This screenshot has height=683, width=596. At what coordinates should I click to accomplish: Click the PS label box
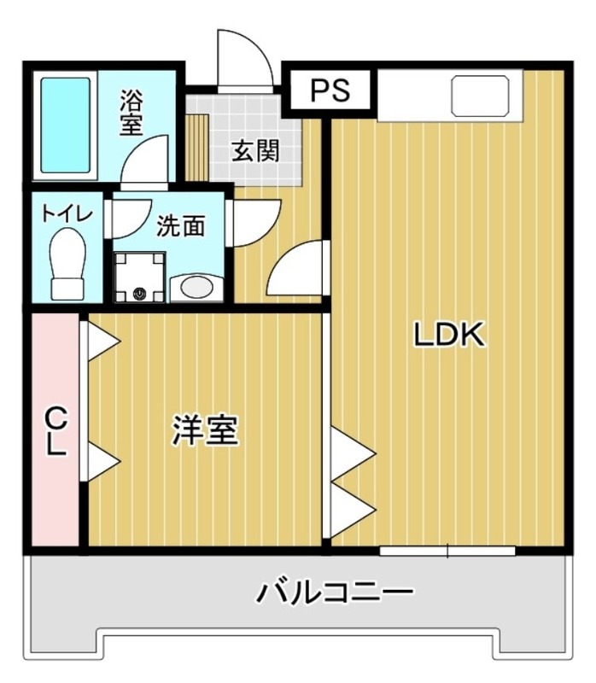click(329, 90)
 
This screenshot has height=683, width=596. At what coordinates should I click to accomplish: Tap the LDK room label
click(449, 336)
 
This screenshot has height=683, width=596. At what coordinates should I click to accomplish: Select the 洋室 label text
click(205, 430)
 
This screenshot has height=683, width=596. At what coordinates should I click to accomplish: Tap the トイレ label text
click(67, 213)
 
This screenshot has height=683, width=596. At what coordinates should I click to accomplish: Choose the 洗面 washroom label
click(181, 226)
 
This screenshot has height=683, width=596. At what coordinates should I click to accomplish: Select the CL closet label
click(56, 431)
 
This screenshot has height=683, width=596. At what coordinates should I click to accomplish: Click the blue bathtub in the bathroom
click(65, 126)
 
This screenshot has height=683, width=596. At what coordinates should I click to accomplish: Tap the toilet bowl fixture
click(67, 266)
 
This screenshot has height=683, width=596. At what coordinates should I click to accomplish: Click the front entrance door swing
click(246, 60)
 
